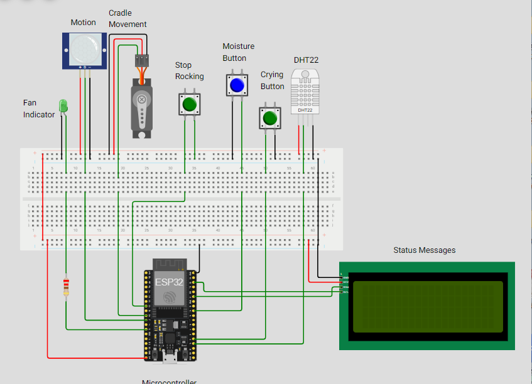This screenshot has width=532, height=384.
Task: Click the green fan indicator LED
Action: pyautogui.click(x=62, y=106)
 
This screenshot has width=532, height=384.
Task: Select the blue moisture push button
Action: pyautogui.click(x=236, y=85)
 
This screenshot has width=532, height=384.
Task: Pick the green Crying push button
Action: pyautogui.click(x=270, y=118)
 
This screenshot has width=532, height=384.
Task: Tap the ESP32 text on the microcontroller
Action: pyautogui.click(x=169, y=282)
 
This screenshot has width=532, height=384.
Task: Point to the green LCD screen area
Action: pyautogui.click(x=428, y=306)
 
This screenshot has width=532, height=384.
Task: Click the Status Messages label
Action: pyautogui.click(x=424, y=250)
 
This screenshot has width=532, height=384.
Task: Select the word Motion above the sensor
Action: pyautogui.click(x=83, y=23)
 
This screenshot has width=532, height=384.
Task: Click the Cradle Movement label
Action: pyautogui.click(x=128, y=19)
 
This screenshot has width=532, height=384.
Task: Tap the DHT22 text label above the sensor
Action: pyautogui.click(x=306, y=60)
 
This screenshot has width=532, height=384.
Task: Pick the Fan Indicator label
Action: pyautogui.click(x=39, y=109)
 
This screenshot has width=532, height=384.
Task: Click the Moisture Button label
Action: pyautogui.click(x=238, y=52)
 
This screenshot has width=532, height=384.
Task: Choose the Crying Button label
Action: pyautogui.click(x=273, y=80)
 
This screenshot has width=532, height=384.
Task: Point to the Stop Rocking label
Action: pyautogui.click(x=189, y=71)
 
